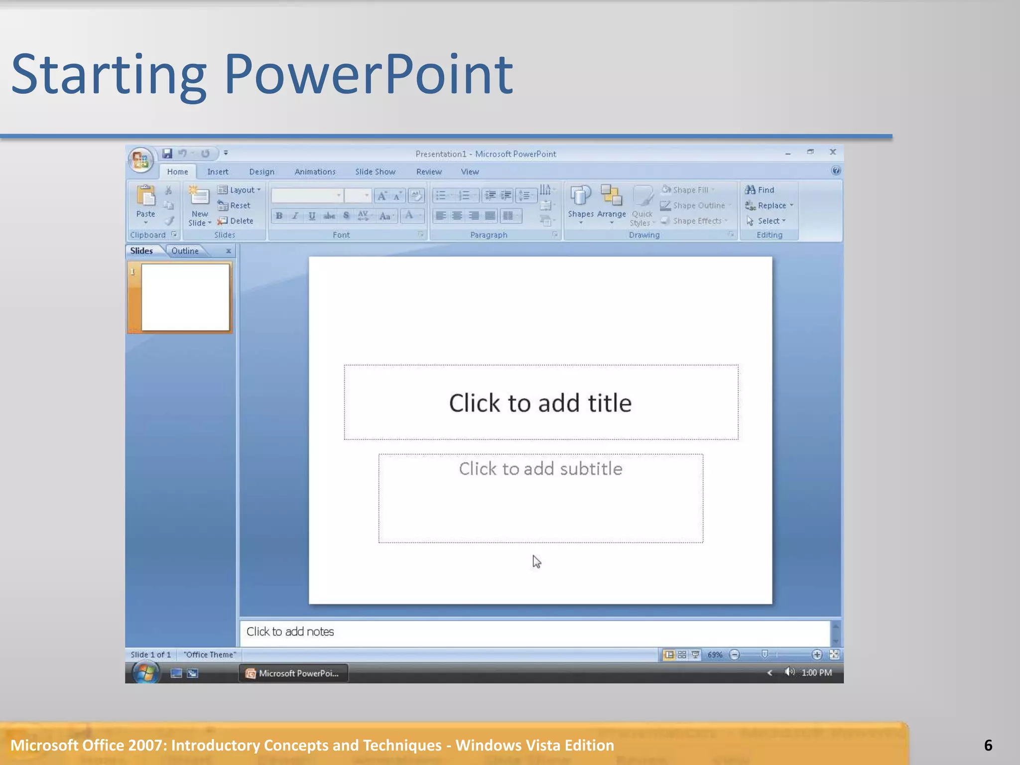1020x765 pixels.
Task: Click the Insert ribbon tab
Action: pyautogui.click(x=218, y=172)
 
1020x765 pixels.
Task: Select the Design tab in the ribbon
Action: pyautogui.click(x=261, y=172)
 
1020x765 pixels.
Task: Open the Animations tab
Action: pyautogui.click(x=315, y=172)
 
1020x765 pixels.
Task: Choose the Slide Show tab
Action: pyautogui.click(x=375, y=172)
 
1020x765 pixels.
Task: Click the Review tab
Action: pyautogui.click(x=429, y=172)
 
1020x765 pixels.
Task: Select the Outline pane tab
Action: pyautogui.click(x=185, y=251)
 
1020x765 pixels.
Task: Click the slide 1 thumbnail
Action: pyautogui.click(x=185, y=297)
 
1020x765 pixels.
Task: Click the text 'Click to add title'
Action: pyautogui.click(x=540, y=403)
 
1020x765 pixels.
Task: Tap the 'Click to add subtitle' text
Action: pyautogui.click(x=540, y=469)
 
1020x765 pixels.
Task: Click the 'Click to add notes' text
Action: pyautogui.click(x=290, y=632)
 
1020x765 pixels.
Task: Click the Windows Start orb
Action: pyautogui.click(x=145, y=673)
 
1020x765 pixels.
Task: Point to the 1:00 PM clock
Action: pyautogui.click(x=816, y=673)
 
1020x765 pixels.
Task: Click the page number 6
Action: pyautogui.click(x=988, y=745)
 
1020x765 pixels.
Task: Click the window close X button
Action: pyautogui.click(x=832, y=152)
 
